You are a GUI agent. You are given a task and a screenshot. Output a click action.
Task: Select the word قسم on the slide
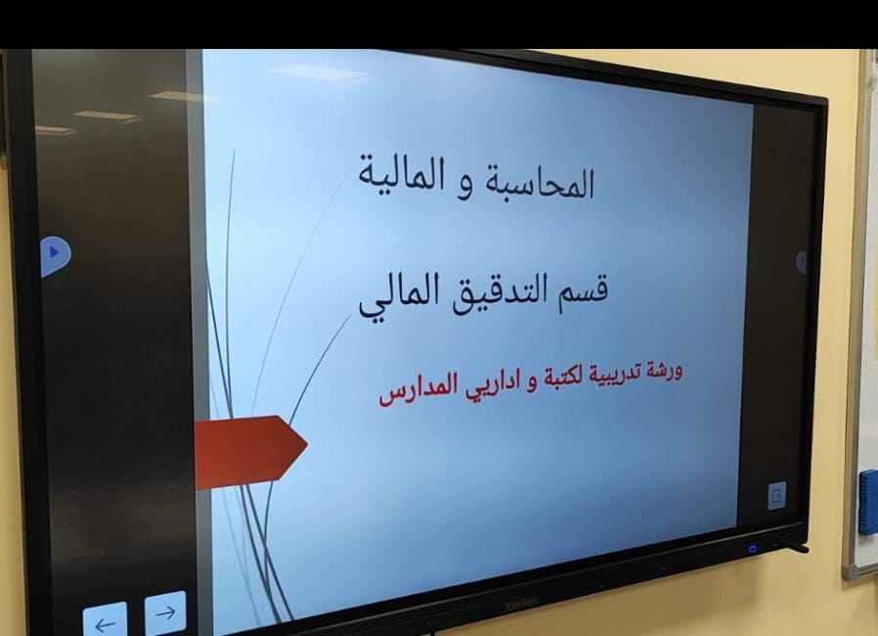[x=583, y=290]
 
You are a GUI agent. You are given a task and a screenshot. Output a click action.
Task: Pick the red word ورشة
[x=664, y=372]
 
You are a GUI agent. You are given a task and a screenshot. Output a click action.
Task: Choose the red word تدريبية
[x=614, y=375]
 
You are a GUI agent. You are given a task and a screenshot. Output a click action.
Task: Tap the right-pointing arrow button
[x=165, y=613]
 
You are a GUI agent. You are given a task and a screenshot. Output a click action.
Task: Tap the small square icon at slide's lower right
[x=776, y=495]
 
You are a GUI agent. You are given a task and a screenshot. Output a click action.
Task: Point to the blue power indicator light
[x=753, y=549]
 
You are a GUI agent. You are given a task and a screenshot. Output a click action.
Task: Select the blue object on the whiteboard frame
[x=868, y=502]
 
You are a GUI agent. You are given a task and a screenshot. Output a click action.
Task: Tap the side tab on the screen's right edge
[x=802, y=262]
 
